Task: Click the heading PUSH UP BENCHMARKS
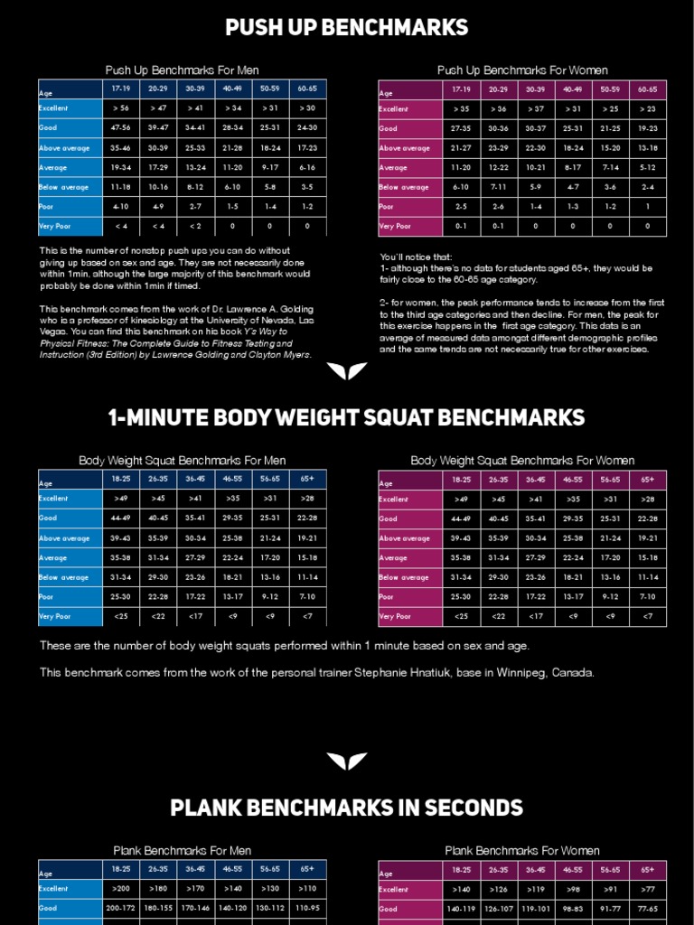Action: click(x=347, y=27)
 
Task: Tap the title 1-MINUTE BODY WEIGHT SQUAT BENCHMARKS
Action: click(x=347, y=417)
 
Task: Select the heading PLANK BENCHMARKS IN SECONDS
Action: click(x=347, y=808)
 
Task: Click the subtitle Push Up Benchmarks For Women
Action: click(x=522, y=70)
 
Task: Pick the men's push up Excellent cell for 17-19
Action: click(x=121, y=109)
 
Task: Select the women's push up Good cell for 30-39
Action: click(x=535, y=129)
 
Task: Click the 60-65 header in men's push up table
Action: click(x=308, y=89)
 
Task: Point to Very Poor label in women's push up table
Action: click(x=396, y=227)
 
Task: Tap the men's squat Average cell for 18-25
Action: click(x=121, y=558)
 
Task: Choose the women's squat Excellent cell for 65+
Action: click(x=648, y=500)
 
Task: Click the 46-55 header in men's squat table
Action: click(x=233, y=480)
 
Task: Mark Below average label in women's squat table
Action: click(x=406, y=578)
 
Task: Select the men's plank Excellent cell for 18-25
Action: click(x=121, y=889)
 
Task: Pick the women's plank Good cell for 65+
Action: click(x=648, y=909)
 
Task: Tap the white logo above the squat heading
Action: click(x=347, y=371)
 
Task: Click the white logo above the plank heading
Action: click(x=347, y=761)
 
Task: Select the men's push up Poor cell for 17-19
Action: click(x=121, y=207)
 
